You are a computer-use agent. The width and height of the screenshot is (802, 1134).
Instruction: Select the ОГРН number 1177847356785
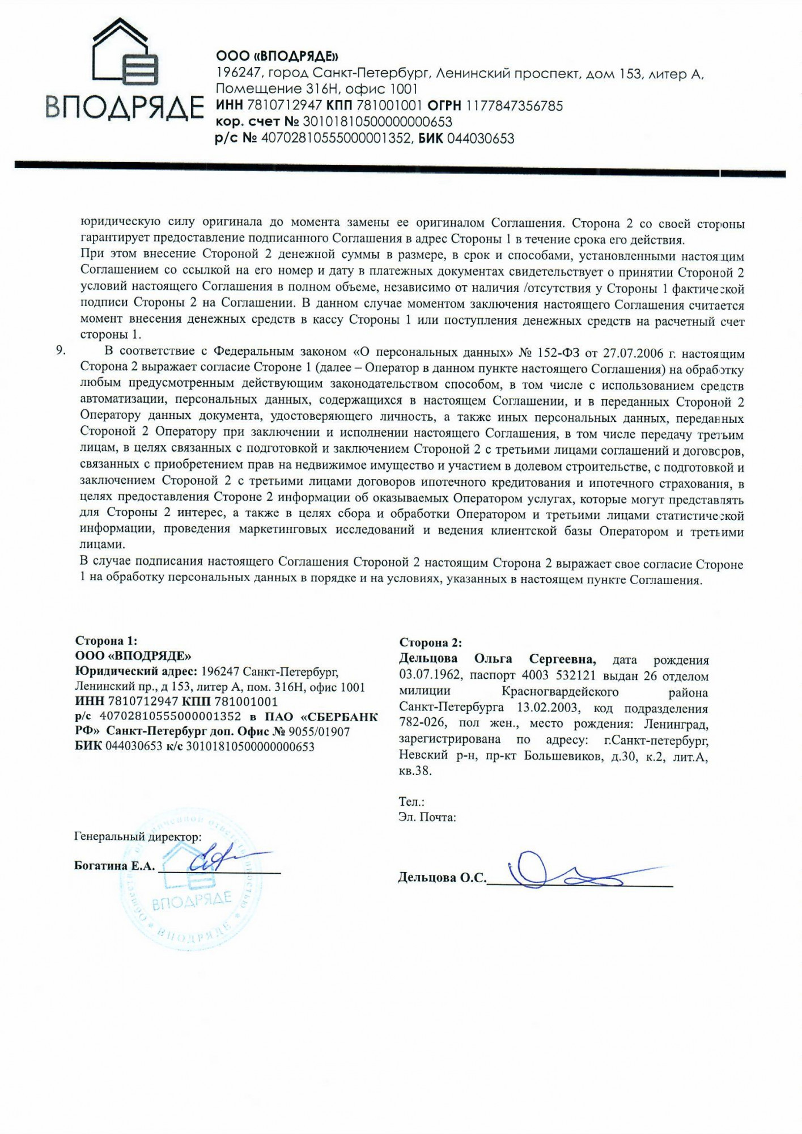514,106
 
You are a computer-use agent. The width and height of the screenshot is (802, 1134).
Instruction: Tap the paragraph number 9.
60,350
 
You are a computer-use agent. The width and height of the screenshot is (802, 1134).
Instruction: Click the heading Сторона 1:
106,641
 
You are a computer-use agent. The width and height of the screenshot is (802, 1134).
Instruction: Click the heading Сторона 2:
430,642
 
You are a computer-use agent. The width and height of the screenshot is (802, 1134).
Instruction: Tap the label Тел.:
411,802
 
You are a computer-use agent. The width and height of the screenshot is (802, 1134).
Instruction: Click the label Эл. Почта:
427,818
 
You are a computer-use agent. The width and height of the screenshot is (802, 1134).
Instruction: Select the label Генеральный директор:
137,836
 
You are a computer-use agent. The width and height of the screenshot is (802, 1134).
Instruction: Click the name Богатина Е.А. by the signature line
114,866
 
